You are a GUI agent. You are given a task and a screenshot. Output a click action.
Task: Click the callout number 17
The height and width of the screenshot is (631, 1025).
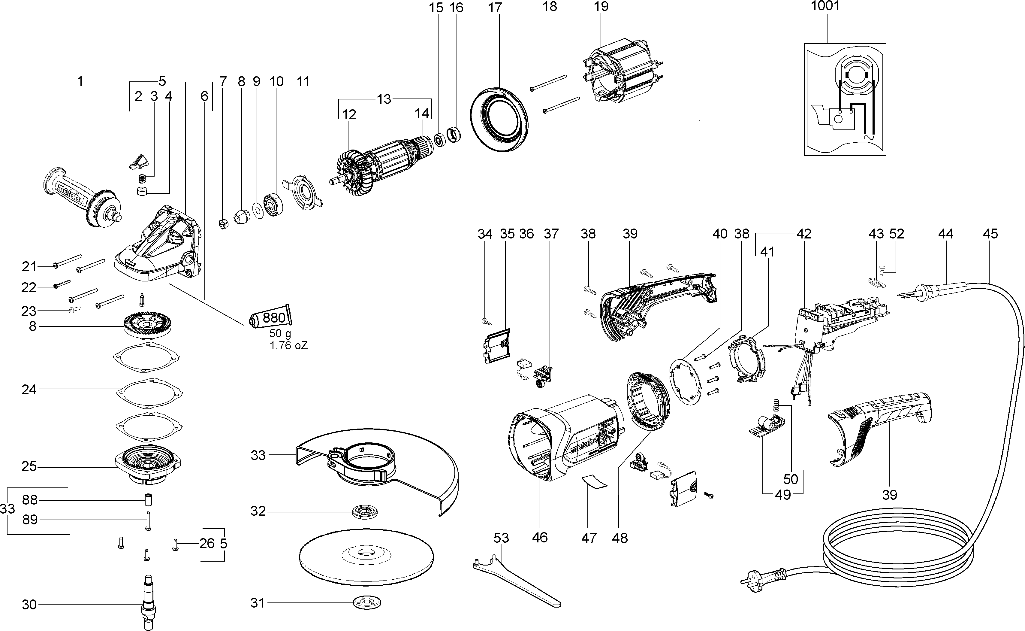[x=495, y=8]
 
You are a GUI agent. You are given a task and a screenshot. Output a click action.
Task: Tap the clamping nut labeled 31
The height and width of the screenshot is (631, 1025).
[x=367, y=602]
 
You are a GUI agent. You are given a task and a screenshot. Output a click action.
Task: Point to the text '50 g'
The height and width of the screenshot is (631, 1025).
[x=280, y=333]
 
